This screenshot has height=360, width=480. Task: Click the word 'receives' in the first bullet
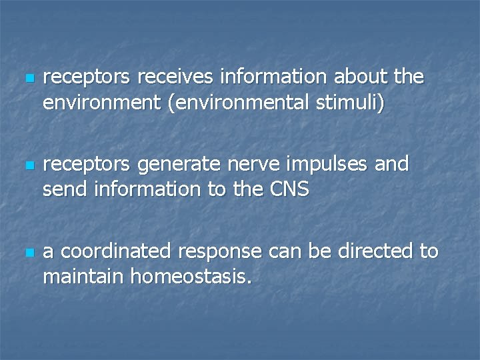[x=175, y=77]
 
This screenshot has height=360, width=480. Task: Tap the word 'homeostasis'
[x=189, y=277]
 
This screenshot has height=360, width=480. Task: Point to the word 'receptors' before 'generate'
[x=86, y=165]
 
